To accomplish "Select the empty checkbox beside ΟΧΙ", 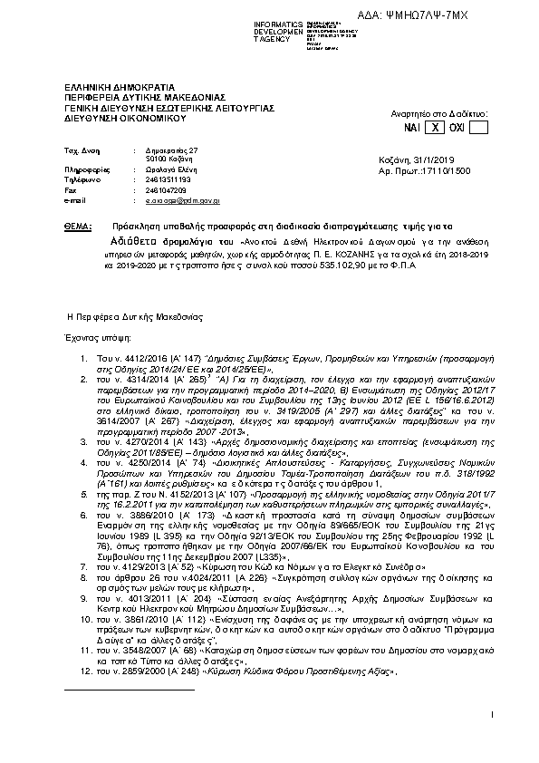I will [477, 129].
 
